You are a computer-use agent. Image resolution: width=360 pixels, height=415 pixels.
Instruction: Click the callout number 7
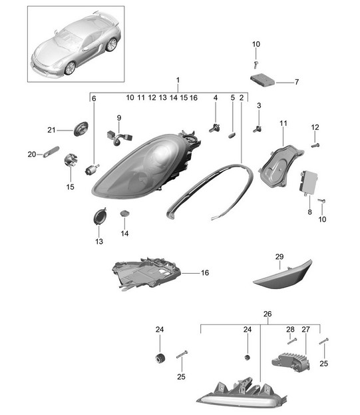(297, 82)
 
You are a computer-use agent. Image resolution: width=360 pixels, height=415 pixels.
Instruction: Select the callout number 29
(279, 256)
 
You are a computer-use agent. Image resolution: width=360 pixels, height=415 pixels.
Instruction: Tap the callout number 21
(51, 130)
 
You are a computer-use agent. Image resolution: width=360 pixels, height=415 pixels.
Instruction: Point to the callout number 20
(32, 154)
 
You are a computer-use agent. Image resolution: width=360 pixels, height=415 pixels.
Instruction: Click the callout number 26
(268, 314)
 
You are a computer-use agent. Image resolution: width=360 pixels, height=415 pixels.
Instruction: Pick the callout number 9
(119, 118)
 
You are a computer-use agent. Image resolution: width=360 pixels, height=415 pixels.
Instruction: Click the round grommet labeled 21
(81, 129)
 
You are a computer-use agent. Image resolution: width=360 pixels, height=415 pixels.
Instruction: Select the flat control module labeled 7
(262, 80)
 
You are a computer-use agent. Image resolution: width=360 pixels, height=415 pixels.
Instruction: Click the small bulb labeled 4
(215, 128)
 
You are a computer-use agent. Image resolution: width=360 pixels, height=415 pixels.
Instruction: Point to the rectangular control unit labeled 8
(308, 182)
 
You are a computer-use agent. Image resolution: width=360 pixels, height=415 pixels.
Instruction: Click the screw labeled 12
(315, 145)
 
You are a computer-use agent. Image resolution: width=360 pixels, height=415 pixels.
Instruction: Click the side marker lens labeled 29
(283, 274)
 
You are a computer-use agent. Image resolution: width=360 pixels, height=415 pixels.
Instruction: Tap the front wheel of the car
(70, 68)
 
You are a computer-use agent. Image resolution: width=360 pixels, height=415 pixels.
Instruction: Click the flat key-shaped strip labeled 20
(51, 152)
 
